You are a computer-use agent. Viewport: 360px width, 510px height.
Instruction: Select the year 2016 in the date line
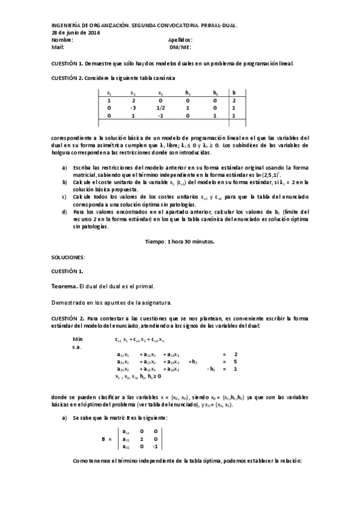click(x=93, y=32)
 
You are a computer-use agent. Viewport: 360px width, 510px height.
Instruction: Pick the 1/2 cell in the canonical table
click(x=160, y=108)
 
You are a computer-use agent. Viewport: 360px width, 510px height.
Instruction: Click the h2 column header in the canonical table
click(x=188, y=93)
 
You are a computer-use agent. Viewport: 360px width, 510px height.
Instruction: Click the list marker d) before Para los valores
click(x=65, y=212)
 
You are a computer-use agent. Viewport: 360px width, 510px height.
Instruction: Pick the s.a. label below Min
click(x=77, y=346)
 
